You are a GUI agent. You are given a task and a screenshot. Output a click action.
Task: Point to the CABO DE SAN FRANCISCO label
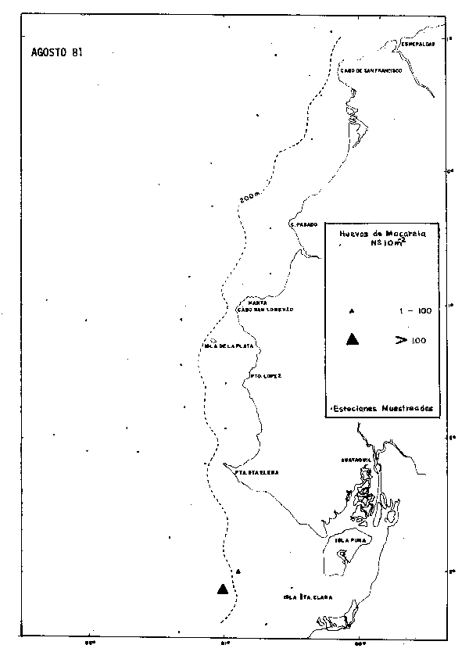pyautogui.click(x=370, y=70)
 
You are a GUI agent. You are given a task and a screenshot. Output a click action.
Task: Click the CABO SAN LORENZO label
pyautogui.click(x=265, y=310)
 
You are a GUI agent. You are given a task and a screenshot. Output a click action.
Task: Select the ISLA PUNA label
pyautogui.click(x=351, y=539)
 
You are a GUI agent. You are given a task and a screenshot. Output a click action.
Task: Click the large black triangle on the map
pyautogui.click(x=223, y=589)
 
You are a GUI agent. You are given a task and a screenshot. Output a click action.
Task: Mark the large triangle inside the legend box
pyautogui.click(x=352, y=339)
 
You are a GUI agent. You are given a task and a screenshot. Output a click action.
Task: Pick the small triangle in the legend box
pyautogui.click(x=352, y=310)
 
